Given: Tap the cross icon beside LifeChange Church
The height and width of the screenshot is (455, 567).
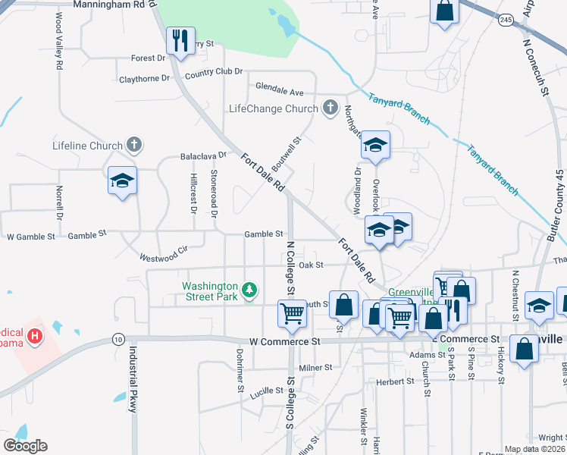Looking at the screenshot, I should (330, 108).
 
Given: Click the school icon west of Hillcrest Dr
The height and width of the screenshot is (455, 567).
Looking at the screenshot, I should (122, 180).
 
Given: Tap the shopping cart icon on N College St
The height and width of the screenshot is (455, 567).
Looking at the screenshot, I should (292, 312).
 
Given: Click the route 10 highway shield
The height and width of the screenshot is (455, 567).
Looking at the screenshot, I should (117, 338).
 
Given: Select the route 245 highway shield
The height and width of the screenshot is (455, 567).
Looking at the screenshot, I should (506, 20).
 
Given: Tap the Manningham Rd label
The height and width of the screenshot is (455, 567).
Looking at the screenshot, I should (109, 5).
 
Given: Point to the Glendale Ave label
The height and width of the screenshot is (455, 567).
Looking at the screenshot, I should (279, 93).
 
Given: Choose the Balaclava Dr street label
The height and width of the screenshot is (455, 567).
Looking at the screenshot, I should (204, 156).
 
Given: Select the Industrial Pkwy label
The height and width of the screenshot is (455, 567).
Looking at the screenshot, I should (133, 379).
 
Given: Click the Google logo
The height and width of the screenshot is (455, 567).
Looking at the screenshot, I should (25, 446).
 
